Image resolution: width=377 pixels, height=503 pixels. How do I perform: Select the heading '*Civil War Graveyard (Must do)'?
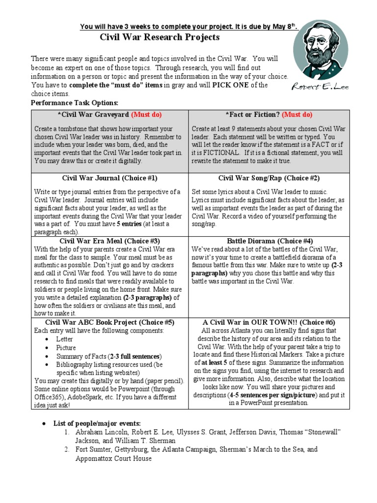(x=109, y=115)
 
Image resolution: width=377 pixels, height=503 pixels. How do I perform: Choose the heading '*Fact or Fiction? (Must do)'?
(x=269, y=115)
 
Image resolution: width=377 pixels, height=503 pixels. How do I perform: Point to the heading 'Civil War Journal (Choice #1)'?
(x=109, y=178)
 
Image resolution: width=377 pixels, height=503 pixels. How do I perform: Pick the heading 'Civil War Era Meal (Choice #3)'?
(x=109, y=241)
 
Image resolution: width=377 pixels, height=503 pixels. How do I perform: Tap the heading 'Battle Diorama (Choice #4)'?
(x=269, y=241)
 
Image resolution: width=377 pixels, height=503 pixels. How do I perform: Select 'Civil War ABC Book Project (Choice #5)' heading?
(x=109, y=322)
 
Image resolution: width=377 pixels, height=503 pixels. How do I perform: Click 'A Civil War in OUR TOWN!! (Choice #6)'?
(x=269, y=322)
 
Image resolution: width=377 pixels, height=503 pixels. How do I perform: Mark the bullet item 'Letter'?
(x=64, y=339)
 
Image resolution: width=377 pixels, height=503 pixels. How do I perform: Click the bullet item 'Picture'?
(x=66, y=348)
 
